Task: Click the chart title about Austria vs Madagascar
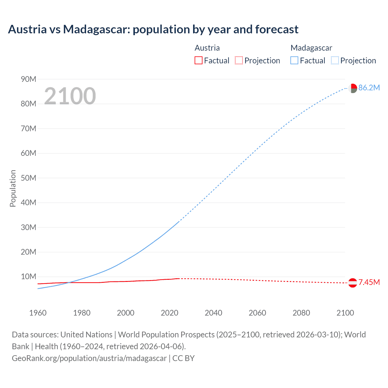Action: pyautogui.click(x=153, y=29)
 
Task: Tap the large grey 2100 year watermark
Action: pyautogui.click(x=70, y=96)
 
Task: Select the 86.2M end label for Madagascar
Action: pyautogui.click(x=369, y=88)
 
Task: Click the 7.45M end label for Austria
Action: pyautogui.click(x=369, y=283)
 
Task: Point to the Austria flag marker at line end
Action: pyautogui.click(x=353, y=283)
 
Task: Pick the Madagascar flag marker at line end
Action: pyautogui.click(x=353, y=88)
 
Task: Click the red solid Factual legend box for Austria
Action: pyautogui.click(x=199, y=61)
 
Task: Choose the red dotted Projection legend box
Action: pyautogui.click(x=239, y=61)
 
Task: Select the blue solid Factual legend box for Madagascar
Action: pyautogui.click(x=294, y=61)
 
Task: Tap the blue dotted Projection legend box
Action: pyautogui.click(x=335, y=61)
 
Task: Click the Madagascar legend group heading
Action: pyautogui.click(x=311, y=48)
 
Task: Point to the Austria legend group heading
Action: pyautogui.click(x=207, y=48)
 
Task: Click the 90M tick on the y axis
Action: pyautogui.click(x=28, y=79)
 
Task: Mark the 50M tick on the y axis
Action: pyautogui.click(x=28, y=178)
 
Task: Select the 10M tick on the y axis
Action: pyautogui.click(x=28, y=276)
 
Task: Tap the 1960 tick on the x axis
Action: pyautogui.click(x=38, y=313)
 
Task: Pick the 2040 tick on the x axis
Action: pyautogui.click(x=213, y=313)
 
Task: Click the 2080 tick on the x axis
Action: pyautogui.click(x=301, y=313)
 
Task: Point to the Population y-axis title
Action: pyautogui.click(x=13, y=188)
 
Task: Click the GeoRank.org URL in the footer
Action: pyautogui.click(x=89, y=358)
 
